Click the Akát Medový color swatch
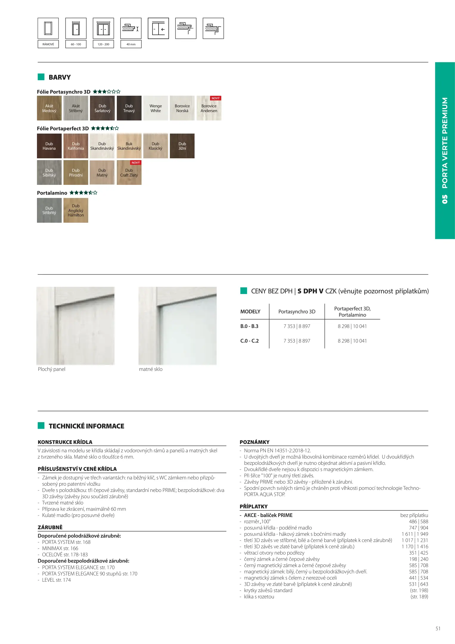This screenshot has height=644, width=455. click(49, 108)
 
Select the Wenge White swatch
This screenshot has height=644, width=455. click(156, 108)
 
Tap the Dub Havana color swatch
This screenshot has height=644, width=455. click(49, 146)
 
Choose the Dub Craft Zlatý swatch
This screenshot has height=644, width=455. click(129, 173)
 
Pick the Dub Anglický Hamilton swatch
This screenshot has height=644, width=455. click(76, 210)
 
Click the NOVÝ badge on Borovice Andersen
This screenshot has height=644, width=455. click(215, 98)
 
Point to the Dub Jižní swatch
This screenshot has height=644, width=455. click(182, 146)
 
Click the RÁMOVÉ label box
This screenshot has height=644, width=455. click(48, 44)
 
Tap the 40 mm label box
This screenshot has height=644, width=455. click(131, 44)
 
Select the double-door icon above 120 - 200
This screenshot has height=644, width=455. click(103, 28)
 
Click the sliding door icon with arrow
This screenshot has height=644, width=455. click(158, 28)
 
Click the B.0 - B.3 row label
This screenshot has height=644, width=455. click(249, 326)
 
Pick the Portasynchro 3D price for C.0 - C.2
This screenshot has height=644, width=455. click(297, 341)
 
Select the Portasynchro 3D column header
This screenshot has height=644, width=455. click(297, 312)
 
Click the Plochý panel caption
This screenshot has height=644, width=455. click(52, 369)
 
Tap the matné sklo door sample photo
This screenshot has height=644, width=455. click(178, 326)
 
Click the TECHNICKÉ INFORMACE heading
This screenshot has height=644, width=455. click(86, 426)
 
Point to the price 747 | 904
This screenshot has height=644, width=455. click(418, 528)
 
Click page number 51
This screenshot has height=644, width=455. click(438, 628)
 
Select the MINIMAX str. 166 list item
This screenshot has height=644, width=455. click(60, 548)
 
